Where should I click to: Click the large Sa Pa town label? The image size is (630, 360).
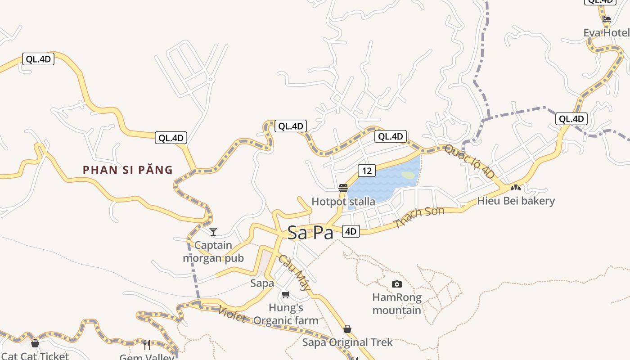point(310,233)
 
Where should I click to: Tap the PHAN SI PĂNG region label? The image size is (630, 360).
point(128,170)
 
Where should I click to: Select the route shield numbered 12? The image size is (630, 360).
point(367,171)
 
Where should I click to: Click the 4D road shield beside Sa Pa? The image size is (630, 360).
point(351,232)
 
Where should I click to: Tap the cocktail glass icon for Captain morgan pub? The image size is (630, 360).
point(213,232)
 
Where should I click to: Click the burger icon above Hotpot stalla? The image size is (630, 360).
point(343,188)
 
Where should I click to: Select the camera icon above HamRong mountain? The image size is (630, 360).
point(396,284)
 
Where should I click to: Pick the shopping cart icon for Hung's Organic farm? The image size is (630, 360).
point(285,295)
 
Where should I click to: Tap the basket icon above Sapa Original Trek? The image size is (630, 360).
point(347,329)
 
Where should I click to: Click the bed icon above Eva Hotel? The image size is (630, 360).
point(607,19)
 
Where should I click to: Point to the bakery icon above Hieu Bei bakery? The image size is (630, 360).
point(516,187)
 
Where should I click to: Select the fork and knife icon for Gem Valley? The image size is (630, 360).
point(147,345)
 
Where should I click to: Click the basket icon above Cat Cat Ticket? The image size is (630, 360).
point(35,344)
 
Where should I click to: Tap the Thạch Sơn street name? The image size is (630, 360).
point(419,217)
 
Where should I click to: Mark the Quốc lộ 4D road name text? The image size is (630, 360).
point(469,161)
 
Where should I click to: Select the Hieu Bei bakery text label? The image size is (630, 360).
point(516,201)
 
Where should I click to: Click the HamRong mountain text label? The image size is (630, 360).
point(396,304)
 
